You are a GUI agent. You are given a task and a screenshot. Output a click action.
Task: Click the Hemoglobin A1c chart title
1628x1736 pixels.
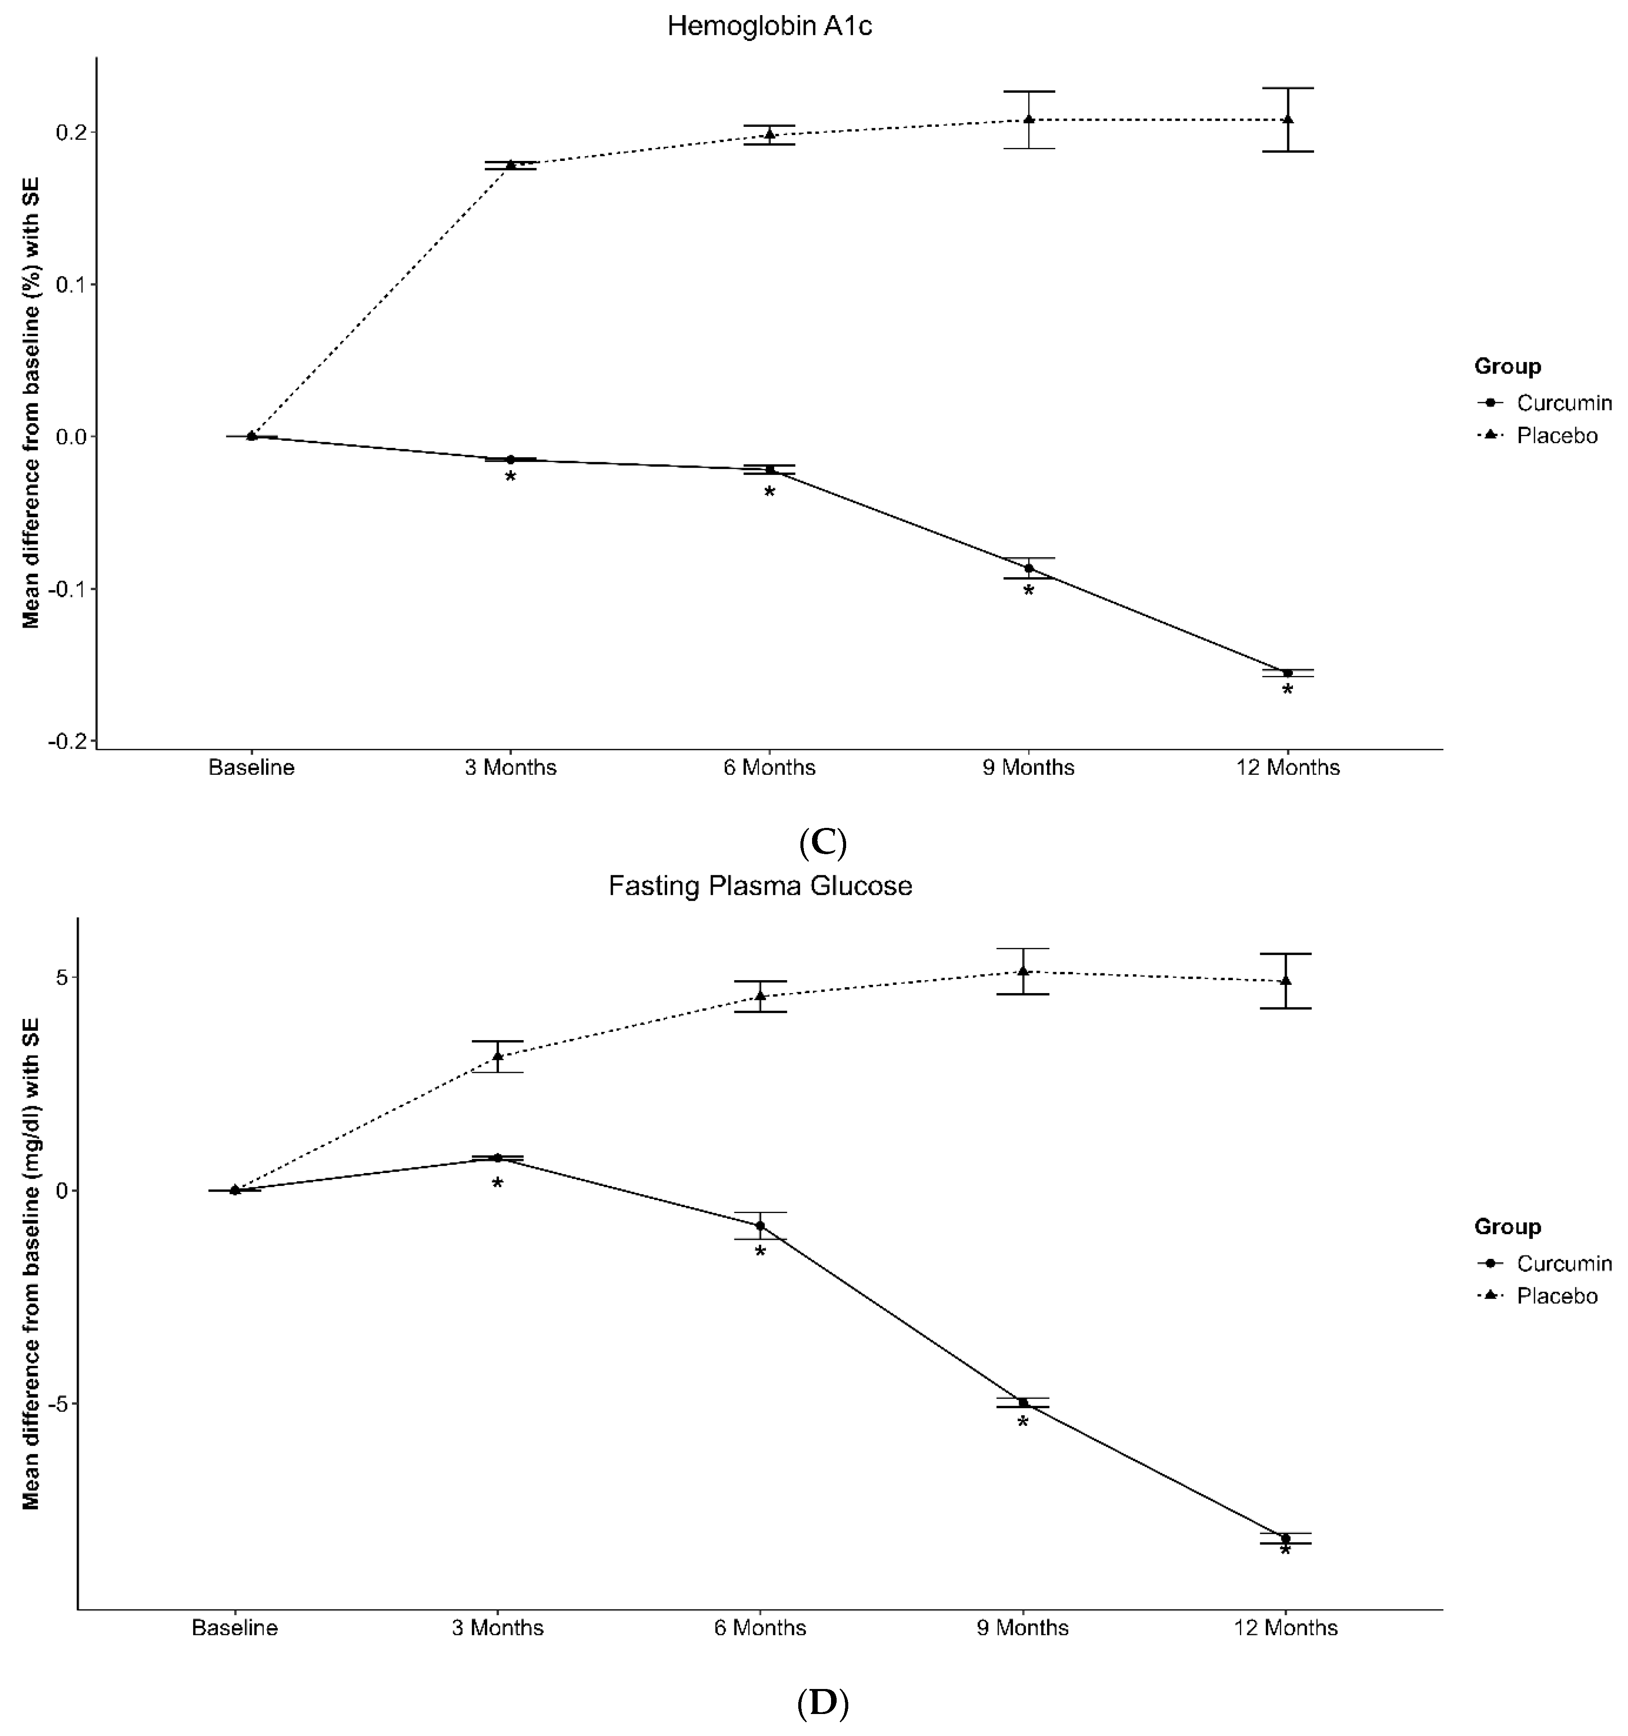pos(769,26)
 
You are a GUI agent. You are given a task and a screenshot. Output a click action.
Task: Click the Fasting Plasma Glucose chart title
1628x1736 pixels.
pos(759,887)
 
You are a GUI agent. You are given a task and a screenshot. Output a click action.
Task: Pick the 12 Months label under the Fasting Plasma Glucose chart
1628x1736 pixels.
pos(1285,1628)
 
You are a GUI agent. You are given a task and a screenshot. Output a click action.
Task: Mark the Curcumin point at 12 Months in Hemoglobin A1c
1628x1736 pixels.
pos(1288,673)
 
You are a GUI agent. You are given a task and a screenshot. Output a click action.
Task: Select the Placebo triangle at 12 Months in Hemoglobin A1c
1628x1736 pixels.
pos(1288,119)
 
